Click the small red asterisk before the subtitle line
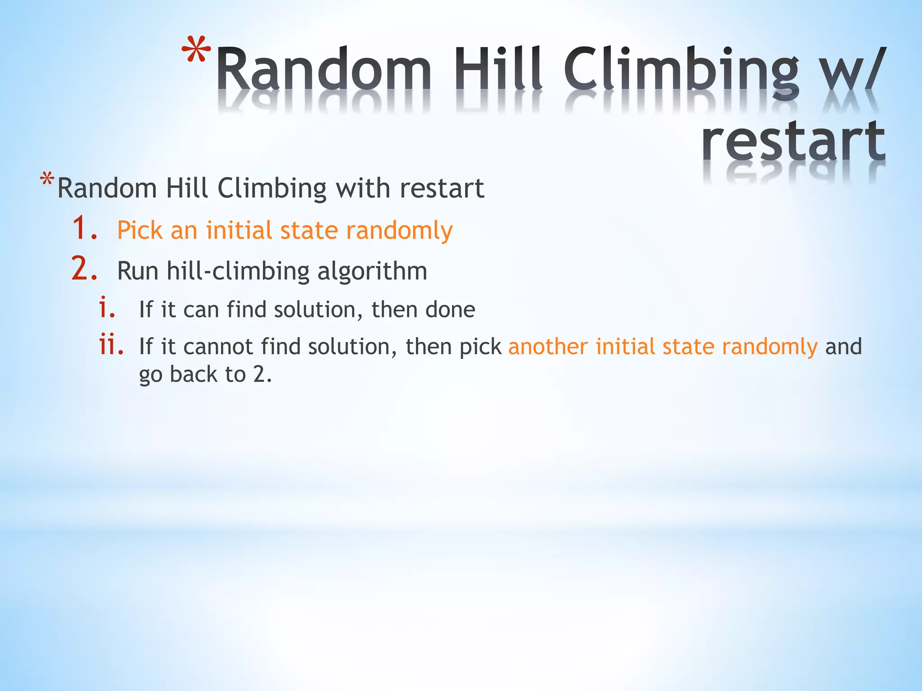pyautogui.click(x=47, y=180)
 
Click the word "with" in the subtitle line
pyautogui.click(x=363, y=188)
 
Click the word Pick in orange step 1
pyautogui.click(x=140, y=230)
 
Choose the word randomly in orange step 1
pyautogui.click(x=399, y=231)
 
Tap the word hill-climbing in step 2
pyautogui.click(x=238, y=271)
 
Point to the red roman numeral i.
pyautogui.click(x=107, y=308)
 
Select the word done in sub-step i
pyautogui.click(x=450, y=310)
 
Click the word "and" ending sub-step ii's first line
pyautogui.click(x=843, y=347)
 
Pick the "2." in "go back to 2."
pyautogui.click(x=262, y=374)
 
